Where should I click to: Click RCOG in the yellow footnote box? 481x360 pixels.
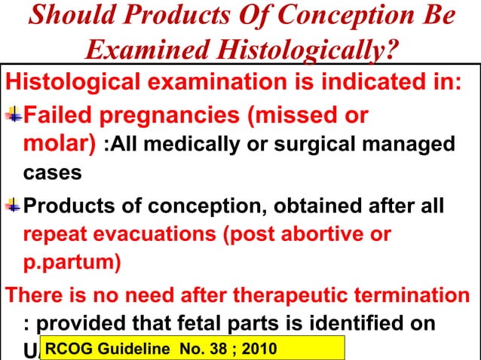[x=72, y=349]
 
